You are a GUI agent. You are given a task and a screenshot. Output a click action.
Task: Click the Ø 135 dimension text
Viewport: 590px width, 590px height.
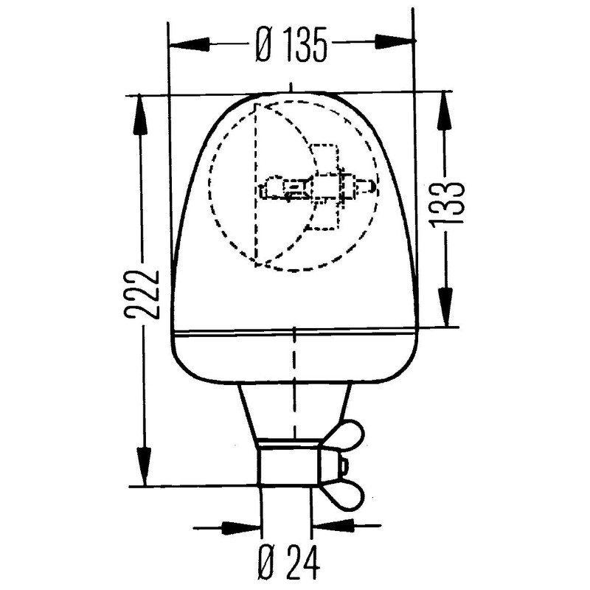(x=291, y=45)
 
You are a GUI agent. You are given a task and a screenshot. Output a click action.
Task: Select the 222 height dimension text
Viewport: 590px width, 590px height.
(x=143, y=294)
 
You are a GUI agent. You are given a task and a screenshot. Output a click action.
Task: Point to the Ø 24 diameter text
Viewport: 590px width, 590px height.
(x=289, y=562)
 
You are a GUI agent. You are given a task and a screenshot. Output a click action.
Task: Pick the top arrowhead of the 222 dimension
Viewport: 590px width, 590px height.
(x=140, y=114)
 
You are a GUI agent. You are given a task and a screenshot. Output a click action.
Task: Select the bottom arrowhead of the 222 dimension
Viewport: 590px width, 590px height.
(x=144, y=466)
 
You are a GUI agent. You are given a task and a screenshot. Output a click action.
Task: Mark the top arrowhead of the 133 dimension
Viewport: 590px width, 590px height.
(x=444, y=111)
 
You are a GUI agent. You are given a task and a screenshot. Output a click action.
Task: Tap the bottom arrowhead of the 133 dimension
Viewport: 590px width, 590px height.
(x=446, y=306)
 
